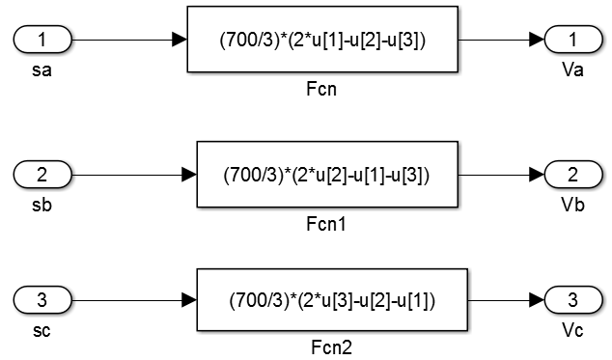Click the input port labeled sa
tap(42, 41)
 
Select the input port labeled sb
tap(42, 175)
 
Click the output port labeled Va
tap(574, 41)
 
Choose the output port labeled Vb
tap(574, 175)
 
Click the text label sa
tap(42, 70)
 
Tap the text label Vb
tap(574, 205)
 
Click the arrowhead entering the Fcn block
tap(179, 41)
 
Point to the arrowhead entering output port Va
tap(536, 41)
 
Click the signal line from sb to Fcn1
tap(125, 175)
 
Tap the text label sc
tap(42, 331)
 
